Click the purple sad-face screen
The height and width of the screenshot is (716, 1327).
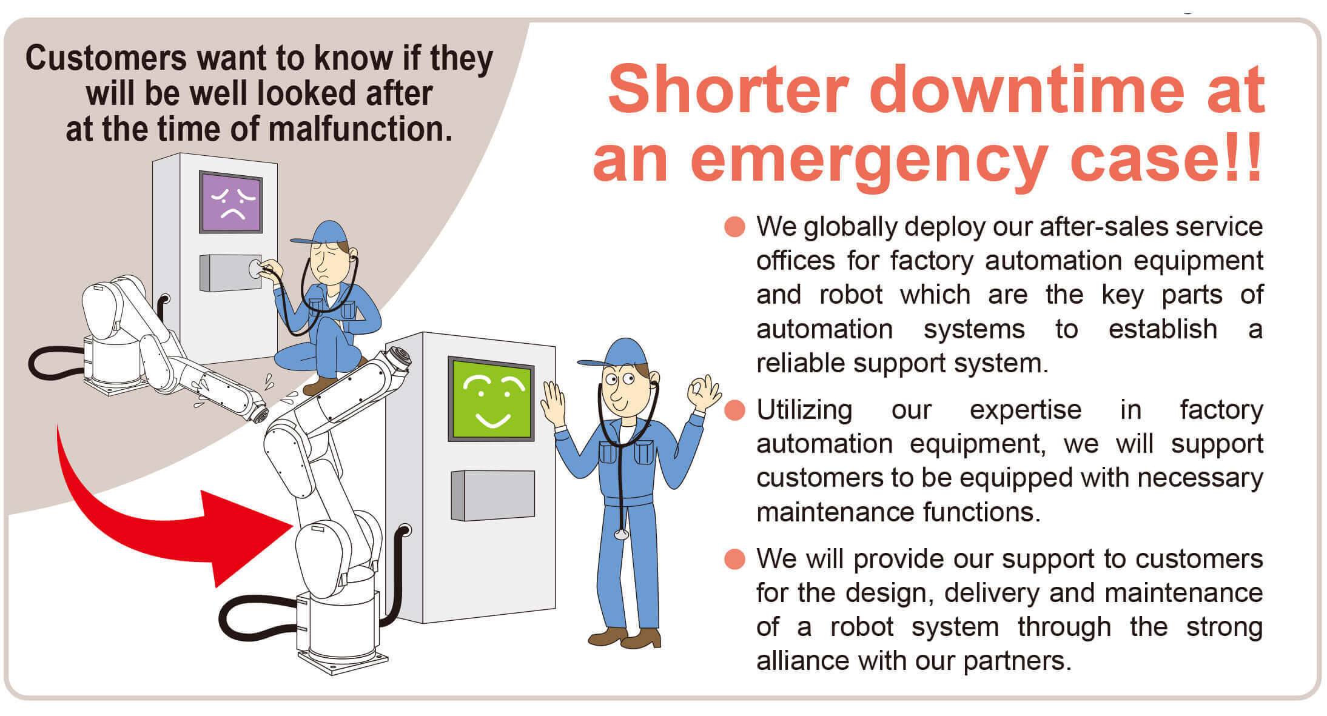[x=230, y=202]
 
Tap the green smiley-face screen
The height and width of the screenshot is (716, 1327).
[x=491, y=399]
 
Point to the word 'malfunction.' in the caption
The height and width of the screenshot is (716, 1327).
[x=360, y=129]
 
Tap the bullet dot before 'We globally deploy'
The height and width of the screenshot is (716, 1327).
[x=734, y=227]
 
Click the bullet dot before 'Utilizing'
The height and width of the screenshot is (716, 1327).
[x=734, y=410]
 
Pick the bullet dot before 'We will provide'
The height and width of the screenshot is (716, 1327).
[x=734, y=559]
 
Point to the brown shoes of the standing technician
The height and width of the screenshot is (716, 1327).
[x=625, y=638]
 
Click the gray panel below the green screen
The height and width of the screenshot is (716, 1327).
[x=493, y=495]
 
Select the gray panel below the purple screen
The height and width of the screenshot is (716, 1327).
[x=230, y=273]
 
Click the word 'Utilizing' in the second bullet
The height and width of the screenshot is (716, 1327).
[x=804, y=411]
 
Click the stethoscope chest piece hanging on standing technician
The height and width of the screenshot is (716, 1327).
[x=621, y=534]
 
